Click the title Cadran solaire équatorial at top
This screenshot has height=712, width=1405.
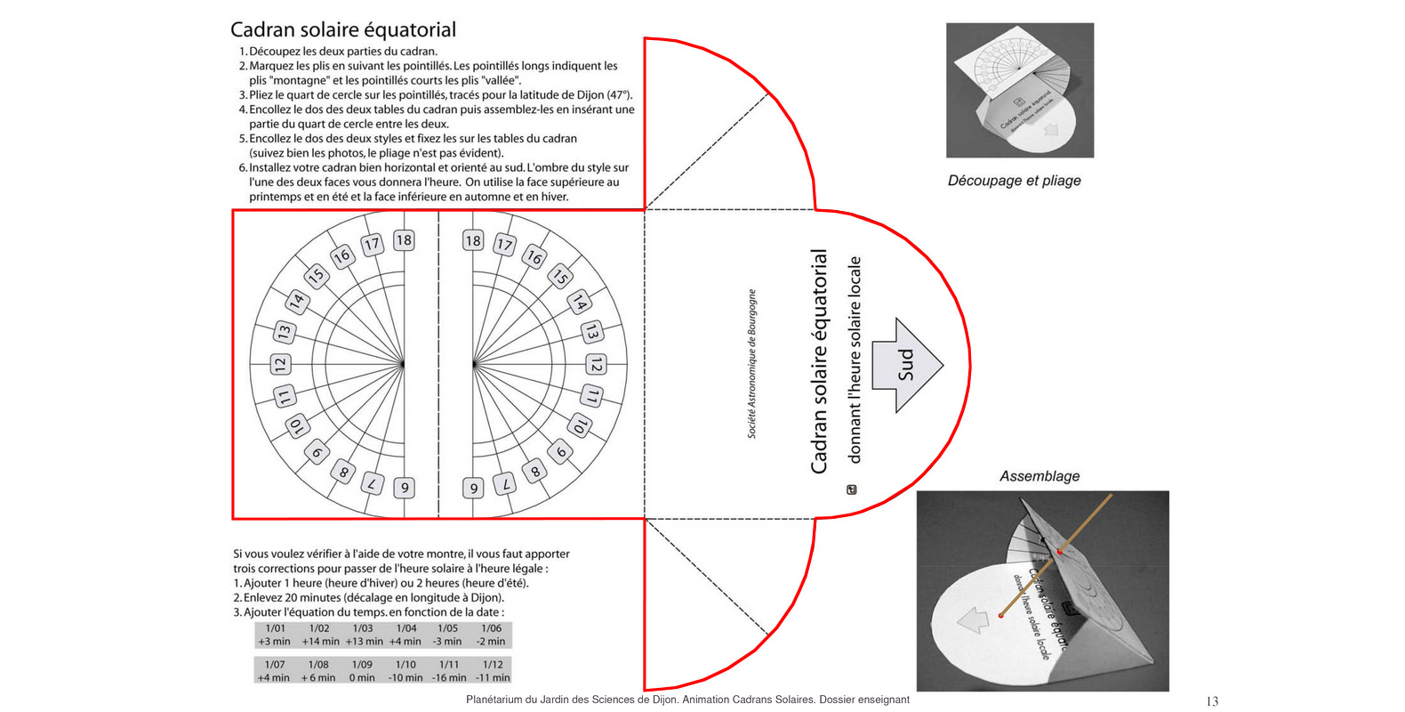point(343,29)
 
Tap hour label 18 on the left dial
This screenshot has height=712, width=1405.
point(405,239)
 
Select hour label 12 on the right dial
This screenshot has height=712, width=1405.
point(597,365)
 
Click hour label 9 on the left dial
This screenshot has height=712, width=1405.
point(405,488)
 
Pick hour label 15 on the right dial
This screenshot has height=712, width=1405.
point(559,276)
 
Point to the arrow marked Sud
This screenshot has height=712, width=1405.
point(906,365)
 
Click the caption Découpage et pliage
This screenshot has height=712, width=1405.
point(1014,181)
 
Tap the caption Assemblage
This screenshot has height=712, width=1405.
point(1040,476)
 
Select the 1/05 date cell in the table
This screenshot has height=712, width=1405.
point(447,628)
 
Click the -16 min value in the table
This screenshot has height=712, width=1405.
point(449,678)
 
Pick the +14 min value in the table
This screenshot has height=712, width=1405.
point(320,642)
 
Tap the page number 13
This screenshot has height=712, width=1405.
point(1212,701)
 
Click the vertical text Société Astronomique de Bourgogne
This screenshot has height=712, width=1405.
point(752,363)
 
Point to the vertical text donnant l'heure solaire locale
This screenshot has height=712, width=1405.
point(855,360)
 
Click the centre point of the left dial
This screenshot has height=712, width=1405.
point(403,364)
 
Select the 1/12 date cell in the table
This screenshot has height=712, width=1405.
point(492,665)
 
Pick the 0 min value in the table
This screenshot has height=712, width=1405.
point(362,678)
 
